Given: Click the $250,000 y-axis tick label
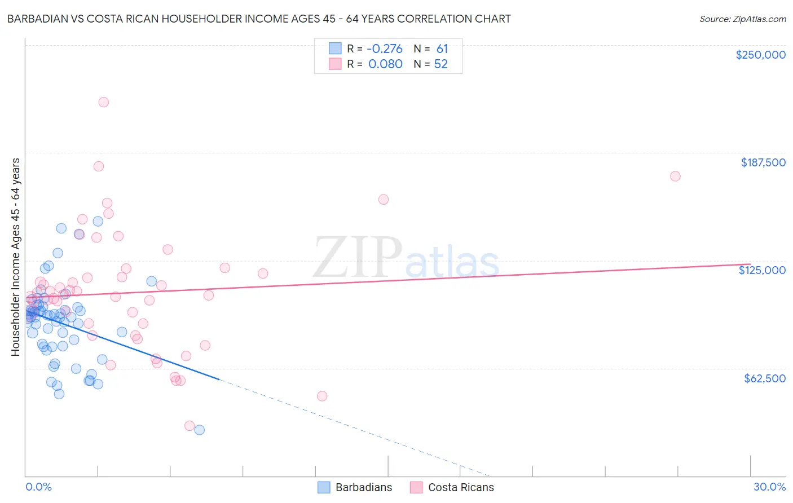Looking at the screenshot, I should pyautogui.click(x=760, y=55).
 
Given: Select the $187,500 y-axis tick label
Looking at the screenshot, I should pyautogui.click(x=763, y=162).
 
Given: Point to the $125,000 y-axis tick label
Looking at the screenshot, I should pyautogui.click(x=762, y=270).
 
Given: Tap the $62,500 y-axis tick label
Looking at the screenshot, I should pyautogui.click(x=764, y=378).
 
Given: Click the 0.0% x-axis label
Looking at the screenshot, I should pyautogui.click(x=38, y=487).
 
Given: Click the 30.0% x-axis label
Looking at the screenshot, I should pyautogui.click(x=769, y=487).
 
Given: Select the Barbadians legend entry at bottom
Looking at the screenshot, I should pyautogui.click(x=355, y=487).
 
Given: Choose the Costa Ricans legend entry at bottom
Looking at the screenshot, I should pyautogui.click(x=452, y=487).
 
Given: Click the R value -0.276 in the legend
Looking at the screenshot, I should pyautogui.click(x=385, y=49).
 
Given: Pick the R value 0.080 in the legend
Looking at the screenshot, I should pyautogui.click(x=385, y=64).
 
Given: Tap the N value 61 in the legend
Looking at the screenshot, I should pyautogui.click(x=442, y=49).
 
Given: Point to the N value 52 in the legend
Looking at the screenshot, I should pyautogui.click(x=440, y=64).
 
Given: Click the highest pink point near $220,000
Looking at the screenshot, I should pyautogui.click(x=103, y=102).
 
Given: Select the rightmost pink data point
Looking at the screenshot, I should pyautogui.click(x=675, y=176).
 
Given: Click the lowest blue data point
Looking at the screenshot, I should pyautogui.click(x=199, y=430).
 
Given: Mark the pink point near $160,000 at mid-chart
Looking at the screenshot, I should pyautogui.click(x=384, y=199).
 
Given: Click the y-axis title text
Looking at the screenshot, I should pyautogui.click(x=16, y=257).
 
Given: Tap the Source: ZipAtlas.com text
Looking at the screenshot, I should pyautogui.click(x=742, y=19).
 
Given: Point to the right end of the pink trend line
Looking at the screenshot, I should pyautogui.click(x=750, y=264).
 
